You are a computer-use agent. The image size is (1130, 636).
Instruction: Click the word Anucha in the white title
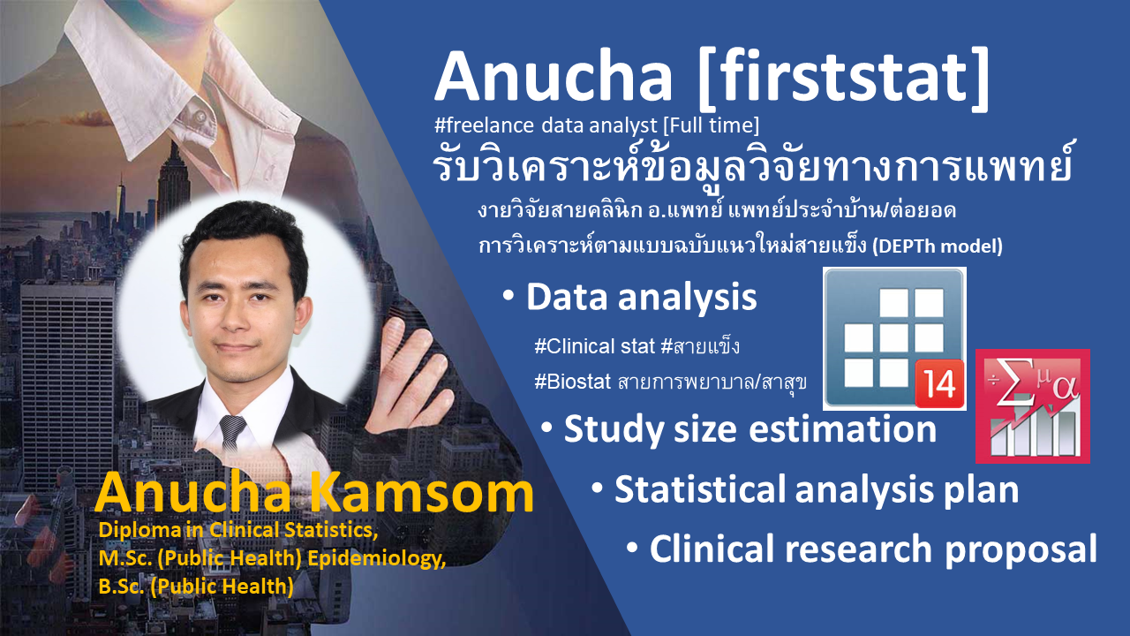[554, 77]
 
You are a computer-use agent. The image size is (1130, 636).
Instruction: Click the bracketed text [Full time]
[711, 125]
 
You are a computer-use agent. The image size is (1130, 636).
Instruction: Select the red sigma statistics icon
[1033, 405]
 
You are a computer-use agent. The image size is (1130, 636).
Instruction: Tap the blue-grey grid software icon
[894, 338]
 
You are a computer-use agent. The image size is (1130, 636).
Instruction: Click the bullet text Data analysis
[641, 298]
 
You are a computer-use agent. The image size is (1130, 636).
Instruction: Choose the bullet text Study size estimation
[750, 429]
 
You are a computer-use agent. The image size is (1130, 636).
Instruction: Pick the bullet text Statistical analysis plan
[817, 489]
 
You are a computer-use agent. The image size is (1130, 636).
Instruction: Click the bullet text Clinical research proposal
[873, 549]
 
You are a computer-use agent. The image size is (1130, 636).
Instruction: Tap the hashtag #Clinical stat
[594, 346]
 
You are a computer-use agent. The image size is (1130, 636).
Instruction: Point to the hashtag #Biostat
[573, 382]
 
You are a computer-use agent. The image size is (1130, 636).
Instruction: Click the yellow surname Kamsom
[421, 492]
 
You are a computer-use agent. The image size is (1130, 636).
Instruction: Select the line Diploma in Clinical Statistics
[238, 530]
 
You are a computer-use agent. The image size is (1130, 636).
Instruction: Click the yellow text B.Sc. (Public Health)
[196, 587]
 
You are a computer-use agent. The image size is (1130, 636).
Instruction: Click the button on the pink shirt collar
[200, 115]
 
